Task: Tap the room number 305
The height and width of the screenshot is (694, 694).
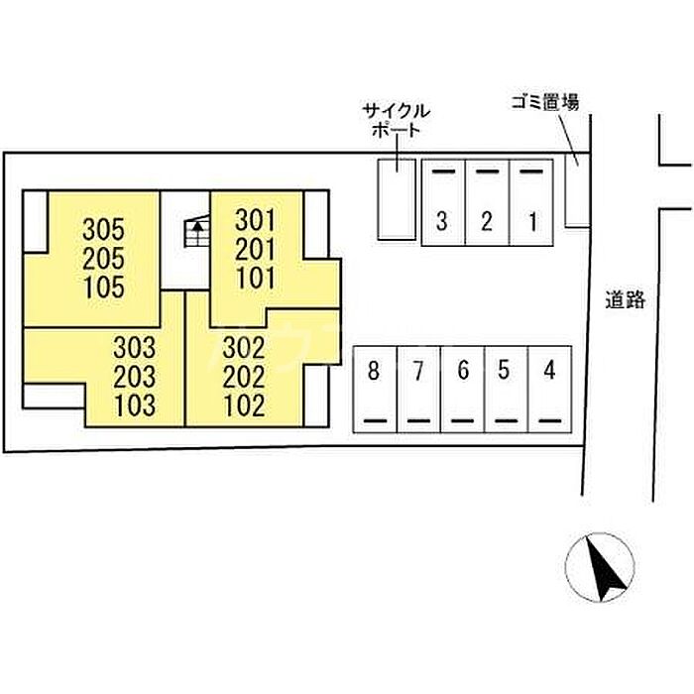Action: point(104,229)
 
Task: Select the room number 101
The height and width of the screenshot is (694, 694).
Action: point(256,278)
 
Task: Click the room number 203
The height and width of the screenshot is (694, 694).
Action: point(135,377)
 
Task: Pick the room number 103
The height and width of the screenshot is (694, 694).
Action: point(135,405)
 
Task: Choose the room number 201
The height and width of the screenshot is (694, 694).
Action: point(256,249)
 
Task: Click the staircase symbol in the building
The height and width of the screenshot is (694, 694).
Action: point(196,235)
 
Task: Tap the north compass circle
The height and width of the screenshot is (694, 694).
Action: point(600,565)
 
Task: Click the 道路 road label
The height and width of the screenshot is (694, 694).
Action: point(625,299)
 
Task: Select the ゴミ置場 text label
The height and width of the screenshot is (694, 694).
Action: point(544,101)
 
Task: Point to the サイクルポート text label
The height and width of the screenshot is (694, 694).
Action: point(396,120)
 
